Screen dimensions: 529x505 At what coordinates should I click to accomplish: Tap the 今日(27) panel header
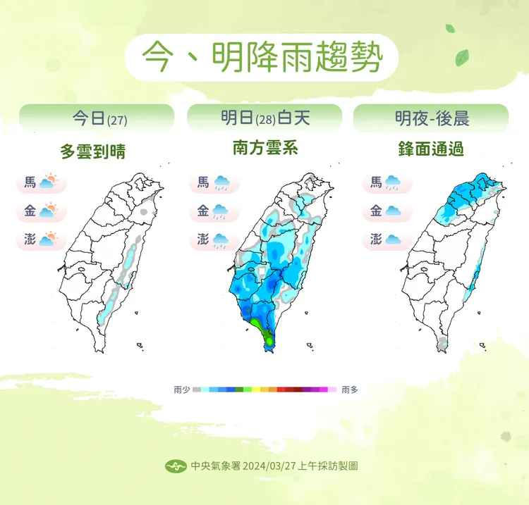point(96,118)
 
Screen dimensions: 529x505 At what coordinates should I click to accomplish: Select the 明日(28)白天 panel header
point(264,118)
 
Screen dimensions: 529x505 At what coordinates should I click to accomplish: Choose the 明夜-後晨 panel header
point(431,118)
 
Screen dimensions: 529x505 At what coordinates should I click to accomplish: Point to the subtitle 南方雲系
point(265,149)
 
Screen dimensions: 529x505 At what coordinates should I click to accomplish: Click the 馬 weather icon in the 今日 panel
point(49,183)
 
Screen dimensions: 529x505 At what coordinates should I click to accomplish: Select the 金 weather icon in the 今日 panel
point(49,211)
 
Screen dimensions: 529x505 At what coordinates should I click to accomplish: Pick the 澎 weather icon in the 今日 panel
point(49,239)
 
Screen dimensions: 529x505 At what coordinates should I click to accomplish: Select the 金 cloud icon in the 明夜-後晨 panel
point(393,211)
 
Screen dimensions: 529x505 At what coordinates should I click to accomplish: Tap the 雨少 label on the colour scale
point(182,389)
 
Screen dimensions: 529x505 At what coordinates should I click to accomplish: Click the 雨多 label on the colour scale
point(349,389)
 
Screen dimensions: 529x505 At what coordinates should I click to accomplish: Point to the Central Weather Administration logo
point(176,466)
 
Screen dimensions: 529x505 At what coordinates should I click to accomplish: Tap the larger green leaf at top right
point(462,56)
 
